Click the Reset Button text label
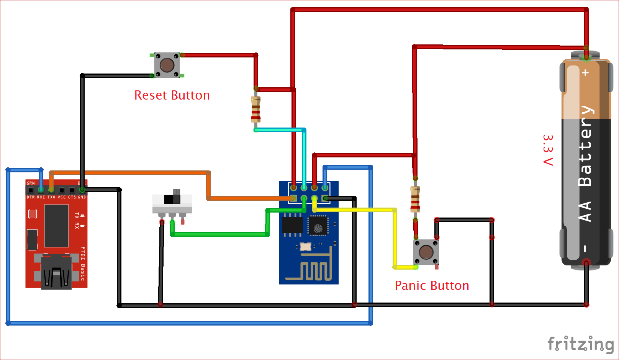pos(172,95)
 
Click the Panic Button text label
pos(432,286)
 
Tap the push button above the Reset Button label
pos(167,65)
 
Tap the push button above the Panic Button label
pos(426,252)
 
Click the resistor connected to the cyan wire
pos(255,109)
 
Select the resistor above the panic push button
pos(415,199)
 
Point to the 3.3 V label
pos(548,150)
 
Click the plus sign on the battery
pos(585,72)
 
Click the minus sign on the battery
pos(585,249)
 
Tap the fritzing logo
pos(580,344)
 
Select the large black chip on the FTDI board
pos(56,226)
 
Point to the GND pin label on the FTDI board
pos(82,197)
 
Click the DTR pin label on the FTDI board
pos(31,197)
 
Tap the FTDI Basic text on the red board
pos(82,263)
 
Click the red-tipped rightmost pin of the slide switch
pos(182,221)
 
